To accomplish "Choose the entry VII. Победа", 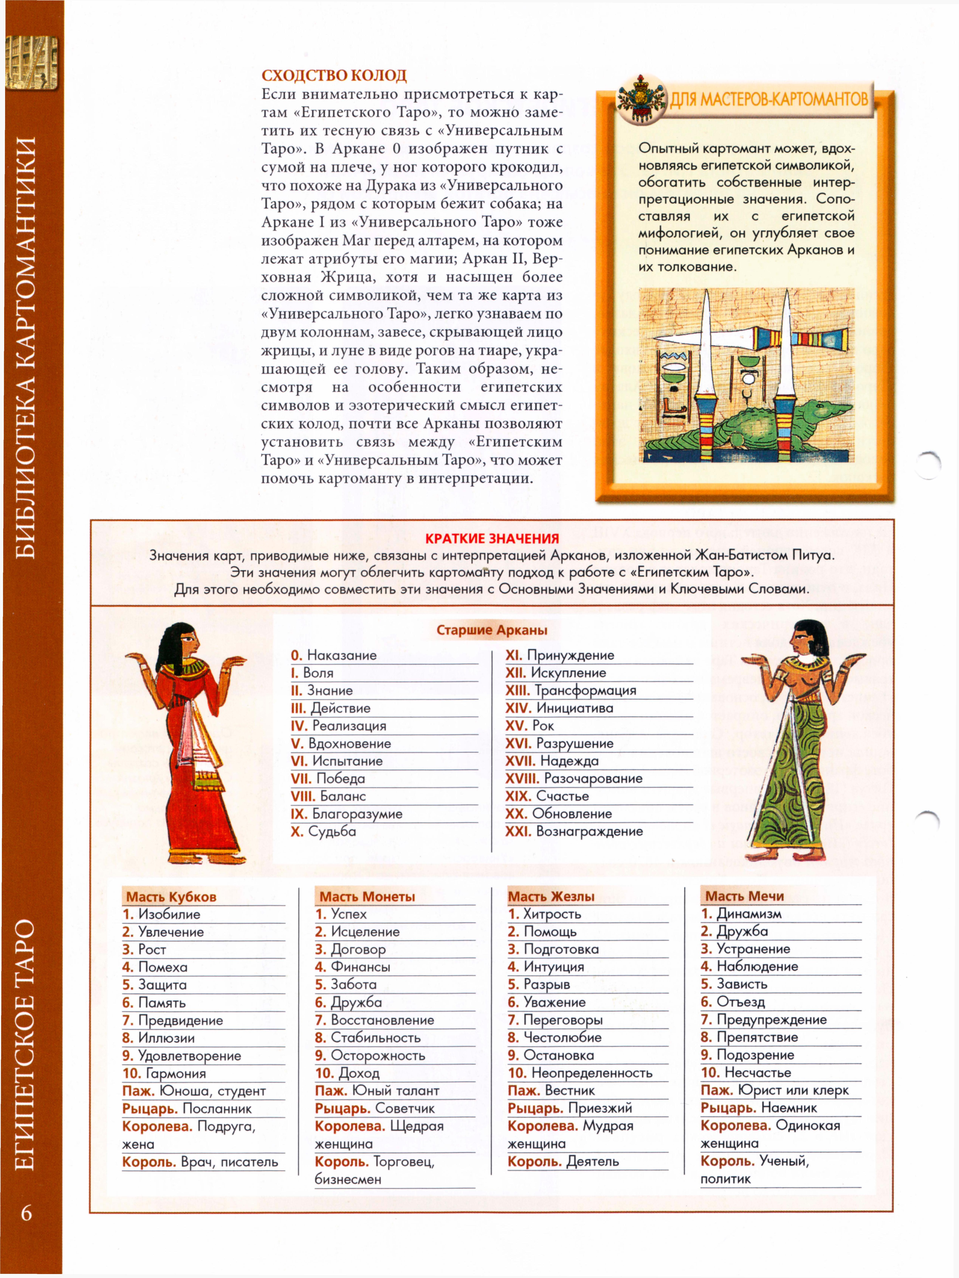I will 328,778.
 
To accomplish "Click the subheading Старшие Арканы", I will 491,630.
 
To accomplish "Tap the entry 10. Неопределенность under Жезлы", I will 580,1073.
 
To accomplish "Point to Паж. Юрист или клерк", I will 774,1090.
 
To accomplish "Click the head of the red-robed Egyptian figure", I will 184,640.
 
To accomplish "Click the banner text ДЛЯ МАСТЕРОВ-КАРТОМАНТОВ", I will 768,99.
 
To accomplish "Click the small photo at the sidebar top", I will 32,62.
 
